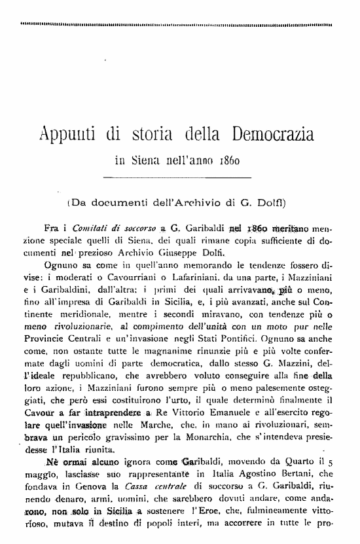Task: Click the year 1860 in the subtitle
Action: (235, 158)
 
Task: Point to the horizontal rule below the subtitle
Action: (178, 177)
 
